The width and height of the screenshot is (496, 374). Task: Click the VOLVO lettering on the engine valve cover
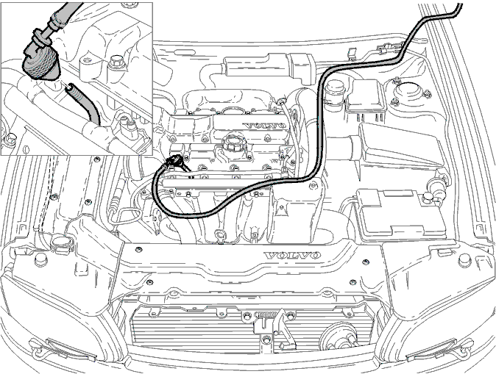point(266,126)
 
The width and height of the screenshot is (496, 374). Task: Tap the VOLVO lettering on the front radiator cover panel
point(293,255)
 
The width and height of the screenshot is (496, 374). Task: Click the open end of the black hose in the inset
point(69,87)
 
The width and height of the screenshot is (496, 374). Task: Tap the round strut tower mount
point(410,91)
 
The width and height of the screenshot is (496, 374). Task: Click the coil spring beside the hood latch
point(266,314)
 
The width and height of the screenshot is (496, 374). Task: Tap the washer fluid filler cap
point(61,242)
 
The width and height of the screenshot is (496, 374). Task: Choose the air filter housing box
point(400,146)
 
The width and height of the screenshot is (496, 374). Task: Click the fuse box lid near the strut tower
point(365,95)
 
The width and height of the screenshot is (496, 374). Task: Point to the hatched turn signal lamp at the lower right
point(431,350)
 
